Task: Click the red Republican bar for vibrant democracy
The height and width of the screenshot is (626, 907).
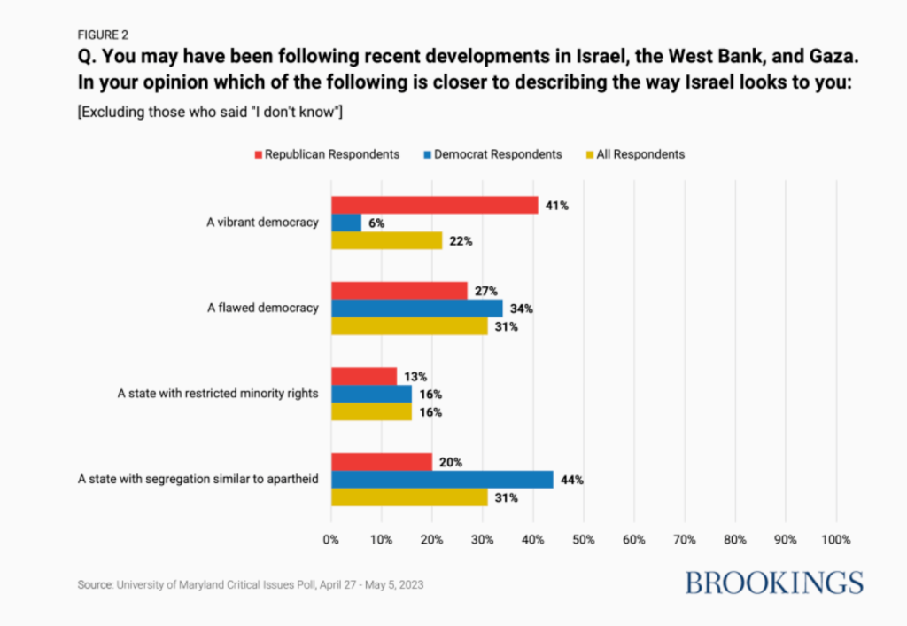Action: click(434, 205)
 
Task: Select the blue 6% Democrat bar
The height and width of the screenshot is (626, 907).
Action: click(346, 223)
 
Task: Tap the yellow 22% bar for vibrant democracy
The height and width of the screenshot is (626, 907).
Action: click(387, 240)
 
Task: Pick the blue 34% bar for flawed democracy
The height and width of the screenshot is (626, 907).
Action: click(417, 308)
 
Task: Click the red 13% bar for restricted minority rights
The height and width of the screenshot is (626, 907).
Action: click(364, 377)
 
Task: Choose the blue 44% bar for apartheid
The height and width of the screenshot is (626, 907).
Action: click(443, 480)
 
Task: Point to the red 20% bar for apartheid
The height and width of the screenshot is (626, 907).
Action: click(382, 462)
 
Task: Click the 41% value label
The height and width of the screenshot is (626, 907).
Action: click(556, 206)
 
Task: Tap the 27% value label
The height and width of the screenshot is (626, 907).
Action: click(486, 291)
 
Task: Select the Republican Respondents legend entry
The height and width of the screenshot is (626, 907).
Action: click(327, 154)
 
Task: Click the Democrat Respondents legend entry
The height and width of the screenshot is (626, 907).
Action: click(492, 154)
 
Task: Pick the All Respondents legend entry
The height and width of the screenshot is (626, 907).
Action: click(635, 154)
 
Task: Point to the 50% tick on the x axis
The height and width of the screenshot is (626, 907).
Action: click(583, 540)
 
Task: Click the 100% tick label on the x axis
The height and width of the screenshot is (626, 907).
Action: click(836, 540)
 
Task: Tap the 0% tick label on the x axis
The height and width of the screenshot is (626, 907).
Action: click(331, 540)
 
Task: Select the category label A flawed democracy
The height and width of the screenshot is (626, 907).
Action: click(262, 308)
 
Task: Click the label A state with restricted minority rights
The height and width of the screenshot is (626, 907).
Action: click(218, 394)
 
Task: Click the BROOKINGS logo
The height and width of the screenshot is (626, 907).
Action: click(774, 583)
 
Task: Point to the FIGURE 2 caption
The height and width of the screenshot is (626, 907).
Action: click(103, 35)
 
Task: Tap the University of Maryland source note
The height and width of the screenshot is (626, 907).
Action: click(251, 585)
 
